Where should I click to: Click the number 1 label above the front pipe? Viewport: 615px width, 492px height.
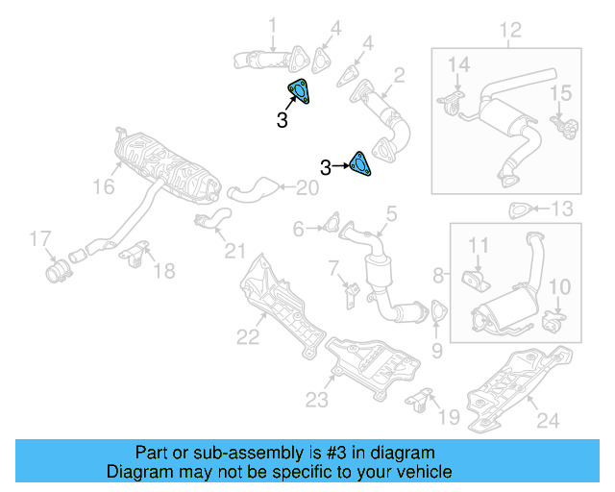pos(272,24)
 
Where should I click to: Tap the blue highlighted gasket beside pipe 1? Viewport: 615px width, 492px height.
pos(300,90)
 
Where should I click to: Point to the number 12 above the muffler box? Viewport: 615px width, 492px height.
pos(509,31)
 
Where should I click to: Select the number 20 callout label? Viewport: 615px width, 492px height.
pos(307,188)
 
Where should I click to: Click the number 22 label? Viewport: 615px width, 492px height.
pos(248,336)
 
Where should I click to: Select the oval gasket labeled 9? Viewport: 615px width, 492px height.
pos(438,313)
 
